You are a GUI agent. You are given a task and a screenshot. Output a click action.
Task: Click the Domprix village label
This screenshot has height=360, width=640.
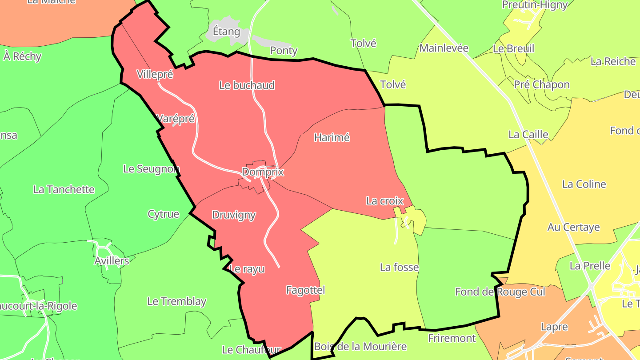[x=263, y=172]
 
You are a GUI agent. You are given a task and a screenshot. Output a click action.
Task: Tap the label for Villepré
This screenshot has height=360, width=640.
[x=155, y=74]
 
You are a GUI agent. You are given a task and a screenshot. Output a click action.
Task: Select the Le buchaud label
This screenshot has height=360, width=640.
[x=247, y=85]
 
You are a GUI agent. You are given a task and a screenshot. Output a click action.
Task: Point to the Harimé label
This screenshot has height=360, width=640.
[x=332, y=138]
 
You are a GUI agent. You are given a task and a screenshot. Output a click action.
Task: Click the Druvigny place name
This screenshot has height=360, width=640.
[x=234, y=215]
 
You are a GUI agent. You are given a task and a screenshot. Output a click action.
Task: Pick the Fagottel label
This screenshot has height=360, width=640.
[x=305, y=290]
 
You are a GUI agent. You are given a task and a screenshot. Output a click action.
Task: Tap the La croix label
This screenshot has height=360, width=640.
[x=384, y=201]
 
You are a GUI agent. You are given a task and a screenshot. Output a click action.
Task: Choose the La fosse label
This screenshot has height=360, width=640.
[x=399, y=267]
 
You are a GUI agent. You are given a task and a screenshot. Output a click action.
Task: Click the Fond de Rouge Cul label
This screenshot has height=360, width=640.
[x=500, y=292]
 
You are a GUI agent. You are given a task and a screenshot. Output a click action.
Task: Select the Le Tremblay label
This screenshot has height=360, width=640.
[x=176, y=301]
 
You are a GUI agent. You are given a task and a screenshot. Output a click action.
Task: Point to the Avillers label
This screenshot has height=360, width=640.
[x=112, y=261]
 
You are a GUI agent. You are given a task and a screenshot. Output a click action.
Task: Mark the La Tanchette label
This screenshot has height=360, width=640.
[x=64, y=189]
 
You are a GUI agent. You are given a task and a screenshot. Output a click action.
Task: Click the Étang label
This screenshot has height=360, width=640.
[x=226, y=32]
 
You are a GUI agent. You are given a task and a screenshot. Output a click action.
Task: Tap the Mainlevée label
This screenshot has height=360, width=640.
[x=444, y=48]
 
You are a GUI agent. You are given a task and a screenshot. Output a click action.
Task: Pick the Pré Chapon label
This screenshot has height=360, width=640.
[x=541, y=84]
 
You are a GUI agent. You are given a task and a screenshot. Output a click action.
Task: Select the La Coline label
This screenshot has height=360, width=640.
[x=584, y=184]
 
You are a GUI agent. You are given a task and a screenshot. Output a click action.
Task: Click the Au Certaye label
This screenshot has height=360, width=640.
[x=573, y=227]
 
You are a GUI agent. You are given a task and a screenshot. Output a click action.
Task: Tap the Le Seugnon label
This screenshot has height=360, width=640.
[x=151, y=169]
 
